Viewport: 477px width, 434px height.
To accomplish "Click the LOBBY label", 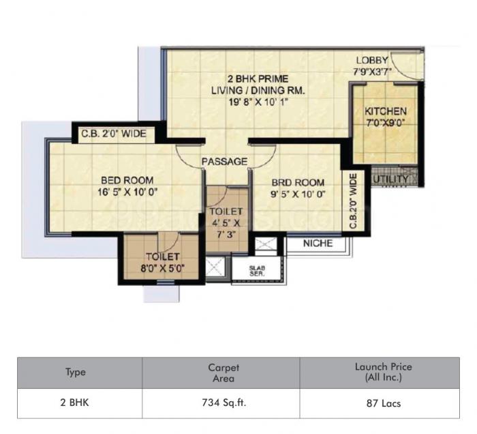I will point(371,60).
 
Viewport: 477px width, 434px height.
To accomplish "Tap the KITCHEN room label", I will point(385,111).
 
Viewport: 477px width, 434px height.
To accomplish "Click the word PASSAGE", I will point(224,162).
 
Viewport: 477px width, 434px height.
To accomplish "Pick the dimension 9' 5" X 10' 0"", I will point(297,194).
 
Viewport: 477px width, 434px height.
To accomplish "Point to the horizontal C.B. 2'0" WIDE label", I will point(114,134).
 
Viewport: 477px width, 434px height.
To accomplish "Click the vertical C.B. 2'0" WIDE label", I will point(354,202).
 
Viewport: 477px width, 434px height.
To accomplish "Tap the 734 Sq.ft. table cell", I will point(221,403).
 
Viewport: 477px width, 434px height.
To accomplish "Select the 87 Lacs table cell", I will point(383,403).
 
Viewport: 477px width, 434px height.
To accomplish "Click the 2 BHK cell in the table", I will point(75,403).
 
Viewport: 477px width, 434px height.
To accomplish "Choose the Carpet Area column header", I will point(221,373).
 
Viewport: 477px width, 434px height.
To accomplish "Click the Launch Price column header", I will point(383,373).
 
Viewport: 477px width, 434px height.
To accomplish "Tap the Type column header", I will point(75,373).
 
